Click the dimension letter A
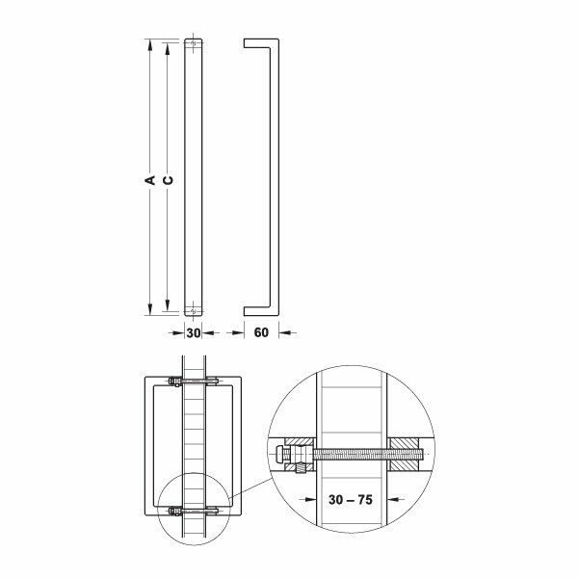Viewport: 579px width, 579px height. [x=150, y=179]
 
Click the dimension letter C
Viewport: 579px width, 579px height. [x=168, y=179]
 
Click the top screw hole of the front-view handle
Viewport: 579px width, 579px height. [x=193, y=43]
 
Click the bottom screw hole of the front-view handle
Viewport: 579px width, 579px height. [x=193, y=309]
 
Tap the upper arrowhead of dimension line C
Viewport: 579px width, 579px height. [x=167, y=48]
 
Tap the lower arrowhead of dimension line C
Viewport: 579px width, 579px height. [x=167, y=304]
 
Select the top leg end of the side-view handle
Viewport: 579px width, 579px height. [x=248, y=42]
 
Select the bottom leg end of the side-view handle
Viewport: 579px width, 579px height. [x=248, y=310]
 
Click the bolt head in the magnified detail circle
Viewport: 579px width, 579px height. [x=281, y=451]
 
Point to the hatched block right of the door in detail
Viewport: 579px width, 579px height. [x=402, y=450]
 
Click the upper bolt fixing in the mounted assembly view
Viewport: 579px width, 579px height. [x=193, y=383]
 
